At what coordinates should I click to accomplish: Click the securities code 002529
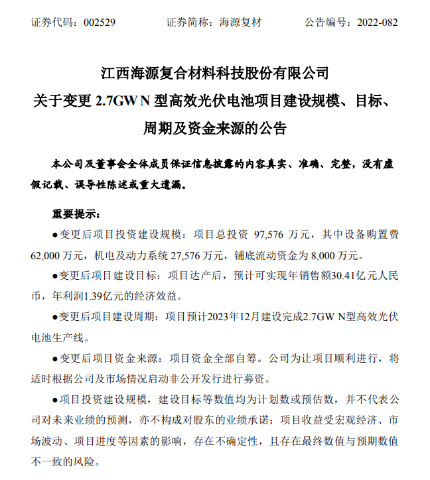[100, 22]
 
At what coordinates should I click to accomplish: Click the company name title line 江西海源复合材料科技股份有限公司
[214, 72]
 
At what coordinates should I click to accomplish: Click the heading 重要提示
[76, 214]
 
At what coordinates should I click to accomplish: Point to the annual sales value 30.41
[307, 274]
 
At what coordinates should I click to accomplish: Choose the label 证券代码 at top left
[51, 22]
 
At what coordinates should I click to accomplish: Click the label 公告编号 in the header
[325, 22]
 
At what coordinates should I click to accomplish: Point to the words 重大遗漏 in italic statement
[165, 183]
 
